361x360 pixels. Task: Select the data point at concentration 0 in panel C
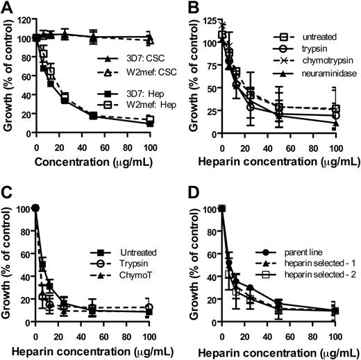point(36,208)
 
